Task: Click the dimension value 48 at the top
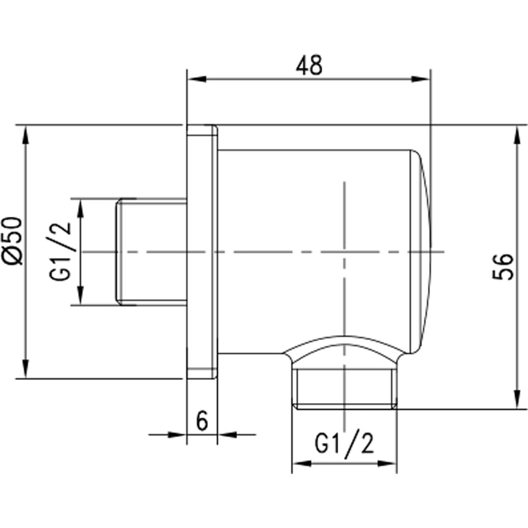309,65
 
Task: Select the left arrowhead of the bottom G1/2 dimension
300,464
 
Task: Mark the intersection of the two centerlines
345,252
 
